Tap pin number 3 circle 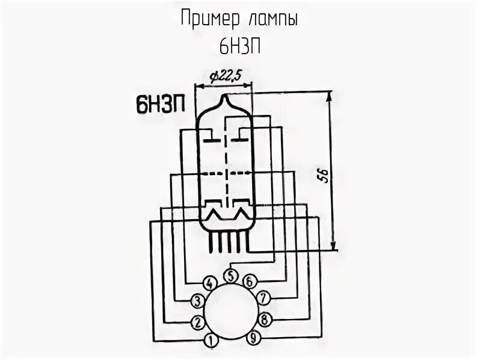tap(196, 300)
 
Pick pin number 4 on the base tap(209, 284)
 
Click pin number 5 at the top tap(230, 276)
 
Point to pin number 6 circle tap(248, 282)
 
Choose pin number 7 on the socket tap(263, 298)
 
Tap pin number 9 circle tap(253, 339)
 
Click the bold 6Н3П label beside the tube tap(159, 106)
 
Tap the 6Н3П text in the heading tap(239, 46)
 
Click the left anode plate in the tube tap(211, 140)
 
